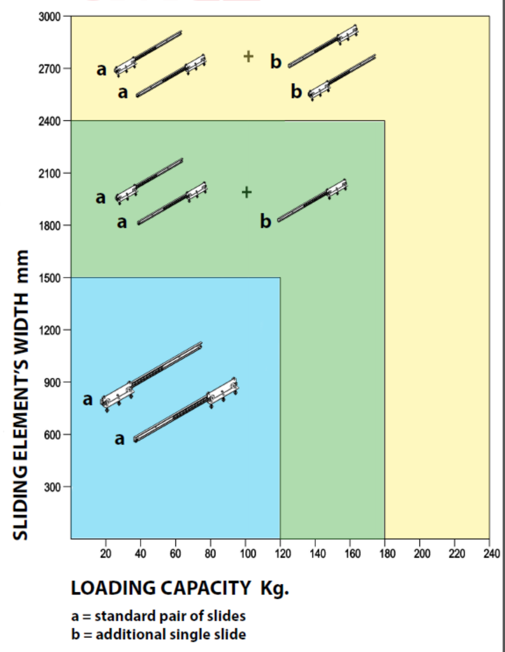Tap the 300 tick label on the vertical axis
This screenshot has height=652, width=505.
click(53, 487)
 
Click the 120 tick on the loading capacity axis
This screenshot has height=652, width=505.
click(280, 553)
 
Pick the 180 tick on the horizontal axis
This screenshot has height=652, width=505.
click(385, 553)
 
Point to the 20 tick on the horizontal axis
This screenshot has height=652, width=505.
click(106, 553)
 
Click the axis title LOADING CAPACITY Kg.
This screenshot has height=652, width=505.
click(180, 588)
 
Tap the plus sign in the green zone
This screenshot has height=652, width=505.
click(247, 192)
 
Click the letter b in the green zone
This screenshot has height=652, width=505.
click(266, 222)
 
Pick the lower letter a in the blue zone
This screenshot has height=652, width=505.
click(119, 439)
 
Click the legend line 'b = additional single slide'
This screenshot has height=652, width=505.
click(158, 634)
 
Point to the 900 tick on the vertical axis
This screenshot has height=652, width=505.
click(53, 382)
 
